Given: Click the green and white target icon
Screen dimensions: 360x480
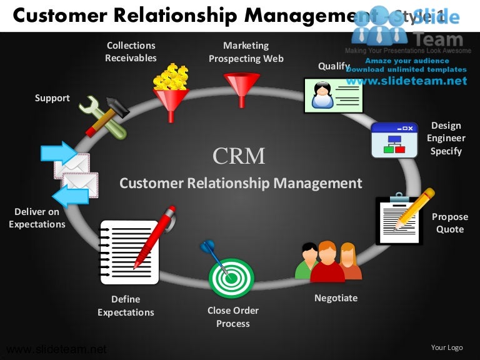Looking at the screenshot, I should pyautogui.click(x=231, y=276).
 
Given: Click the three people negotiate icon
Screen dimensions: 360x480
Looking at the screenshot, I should pyautogui.click(x=328, y=261).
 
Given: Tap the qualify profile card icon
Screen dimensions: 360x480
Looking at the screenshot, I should pyautogui.click(x=333, y=96).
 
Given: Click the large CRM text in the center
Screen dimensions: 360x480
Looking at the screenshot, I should pyautogui.click(x=239, y=156).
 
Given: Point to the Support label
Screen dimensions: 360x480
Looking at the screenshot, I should pyautogui.click(x=52, y=98).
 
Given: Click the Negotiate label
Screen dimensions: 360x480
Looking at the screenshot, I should pyautogui.click(x=336, y=298).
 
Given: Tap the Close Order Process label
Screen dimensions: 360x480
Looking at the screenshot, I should pyautogui.click(x=233, y=317).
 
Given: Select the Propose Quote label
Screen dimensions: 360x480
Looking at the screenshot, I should pyautogui.click(x=450, y=223).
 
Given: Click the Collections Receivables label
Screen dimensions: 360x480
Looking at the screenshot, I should pyautogui.click(x=131, y=52).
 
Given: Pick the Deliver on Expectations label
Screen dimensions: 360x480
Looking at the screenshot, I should pyautogui.click(x=37, y=218).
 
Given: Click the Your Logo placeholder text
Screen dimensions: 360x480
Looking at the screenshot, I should pyautogui.click(x=447, y=347).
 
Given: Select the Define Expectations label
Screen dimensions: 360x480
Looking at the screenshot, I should pyautogui.click(x=126, y=306).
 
